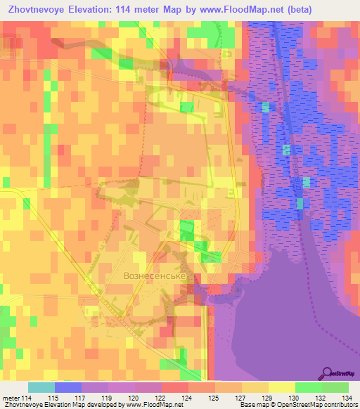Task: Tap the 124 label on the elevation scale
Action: [188, 397]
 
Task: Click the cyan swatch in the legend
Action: [41, 387]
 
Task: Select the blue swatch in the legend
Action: [68, 387]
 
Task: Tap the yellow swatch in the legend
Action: [281, 387]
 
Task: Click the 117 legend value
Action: [82, 397]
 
